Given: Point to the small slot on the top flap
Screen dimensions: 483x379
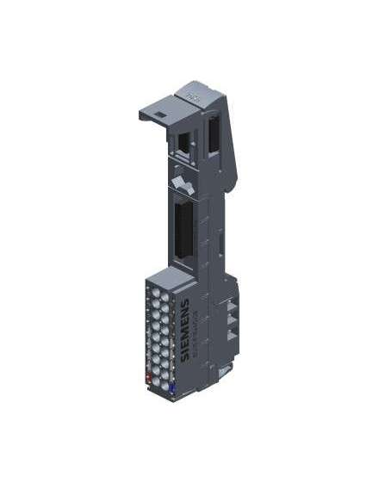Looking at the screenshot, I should coord(159,109).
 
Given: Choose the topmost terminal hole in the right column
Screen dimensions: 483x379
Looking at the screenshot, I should coord(165,295).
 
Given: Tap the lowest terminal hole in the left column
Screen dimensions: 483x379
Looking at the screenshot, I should coord(152,368).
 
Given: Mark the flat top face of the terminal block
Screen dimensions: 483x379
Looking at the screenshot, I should coord(166,276).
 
